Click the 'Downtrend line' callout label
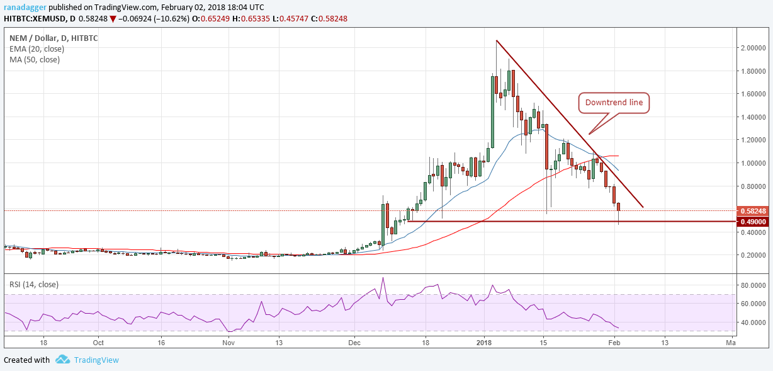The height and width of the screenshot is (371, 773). coord(614,103)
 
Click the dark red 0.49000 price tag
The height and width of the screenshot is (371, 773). coord(754,222)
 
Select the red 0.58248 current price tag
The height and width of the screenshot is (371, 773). coord(754,210)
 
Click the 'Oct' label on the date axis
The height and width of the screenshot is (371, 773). coord(98,343)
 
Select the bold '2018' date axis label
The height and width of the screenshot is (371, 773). coord(484,343)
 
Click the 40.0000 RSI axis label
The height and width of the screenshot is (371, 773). coord(753,322)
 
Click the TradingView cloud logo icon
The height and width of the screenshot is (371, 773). coord(62,360)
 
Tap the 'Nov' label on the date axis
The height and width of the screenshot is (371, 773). coord(229,343)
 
